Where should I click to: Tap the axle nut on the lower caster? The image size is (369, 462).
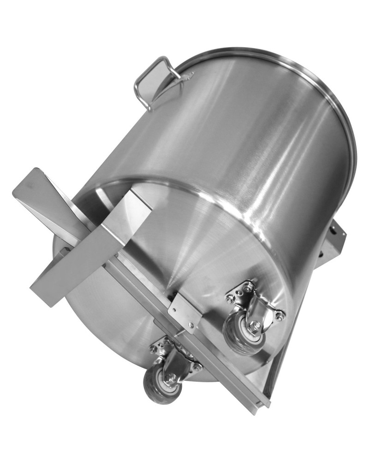click(x=171, y=380)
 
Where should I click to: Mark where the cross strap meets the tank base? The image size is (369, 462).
click(x=138, y=203)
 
